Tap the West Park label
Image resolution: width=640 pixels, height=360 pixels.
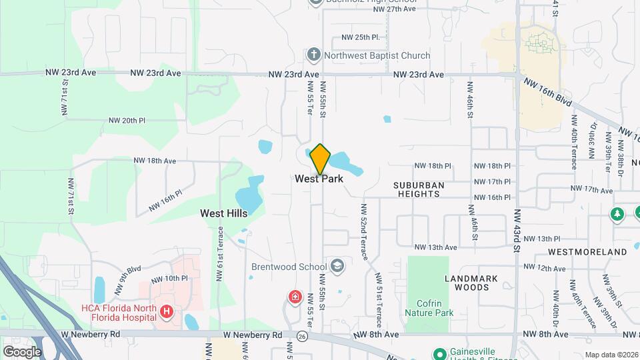coord(319,179)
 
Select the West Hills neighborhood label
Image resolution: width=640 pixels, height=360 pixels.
coord(224,213)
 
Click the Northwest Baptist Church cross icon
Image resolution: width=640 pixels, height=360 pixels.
coord(314,55)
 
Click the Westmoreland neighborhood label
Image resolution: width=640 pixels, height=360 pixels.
coord(587,252)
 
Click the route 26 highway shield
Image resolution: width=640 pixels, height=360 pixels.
coord(302,336)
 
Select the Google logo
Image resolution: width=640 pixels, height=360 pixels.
coord(22,351)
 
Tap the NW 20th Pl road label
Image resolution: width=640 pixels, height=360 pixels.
coord(127,121)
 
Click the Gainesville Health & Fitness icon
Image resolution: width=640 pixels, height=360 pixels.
coord(439,353)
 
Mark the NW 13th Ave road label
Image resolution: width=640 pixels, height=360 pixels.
coord(433,247)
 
